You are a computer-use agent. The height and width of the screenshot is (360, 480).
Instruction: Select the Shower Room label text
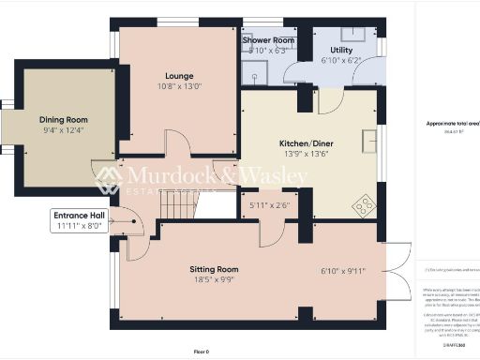[x=268, y=41]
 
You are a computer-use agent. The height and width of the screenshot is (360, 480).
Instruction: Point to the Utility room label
[x=340, y=50]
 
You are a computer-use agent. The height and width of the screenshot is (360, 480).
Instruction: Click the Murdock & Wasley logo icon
[x=107, y=177]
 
